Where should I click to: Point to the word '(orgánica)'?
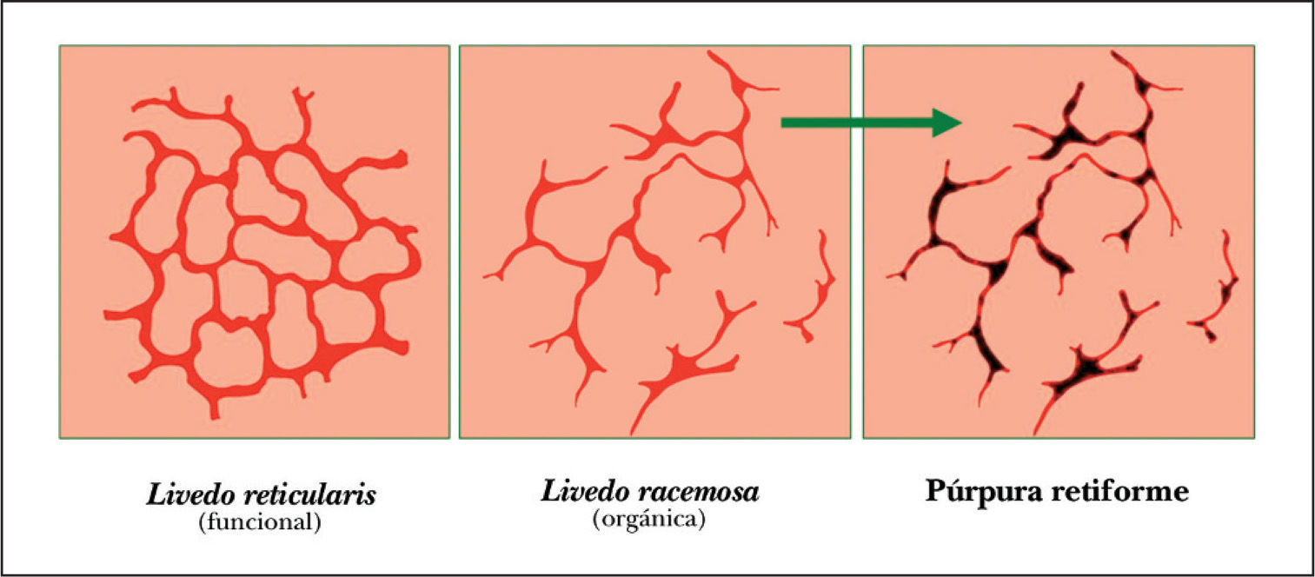point(648,520)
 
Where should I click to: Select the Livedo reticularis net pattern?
point(261,252)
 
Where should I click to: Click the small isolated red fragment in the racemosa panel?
point(813,295)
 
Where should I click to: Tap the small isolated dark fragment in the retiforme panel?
point(1217,295)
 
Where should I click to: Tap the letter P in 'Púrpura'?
point(935,491)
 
